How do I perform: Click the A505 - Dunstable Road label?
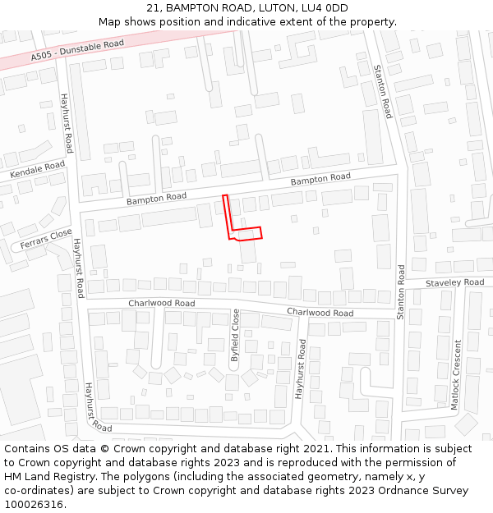click(x=77, y=50)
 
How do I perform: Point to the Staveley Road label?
click(x=454, y=282)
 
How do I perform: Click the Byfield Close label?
click(x=235, y=335)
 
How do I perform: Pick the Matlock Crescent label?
click(x=457, y=374)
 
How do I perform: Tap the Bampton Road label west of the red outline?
click(x=156, y=198)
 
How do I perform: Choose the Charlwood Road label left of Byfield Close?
click(x=161, y=303)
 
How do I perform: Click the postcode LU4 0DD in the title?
click(x=324, y=8)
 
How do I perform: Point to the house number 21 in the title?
click(x=154, y=8)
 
